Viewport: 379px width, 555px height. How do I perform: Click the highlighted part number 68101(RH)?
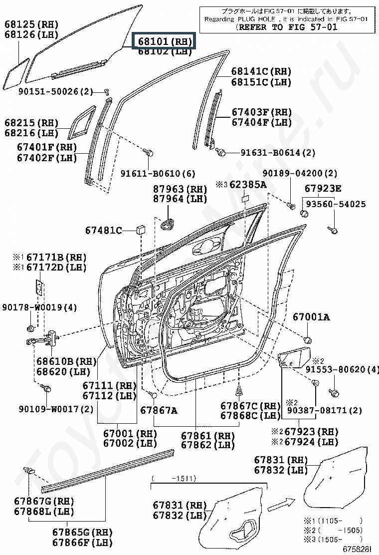click(163, 41)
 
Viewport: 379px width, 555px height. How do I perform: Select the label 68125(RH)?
click(31, 24)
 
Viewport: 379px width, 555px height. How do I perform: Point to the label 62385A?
click(247, 185)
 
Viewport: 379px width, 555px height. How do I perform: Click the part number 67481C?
click(103, 230)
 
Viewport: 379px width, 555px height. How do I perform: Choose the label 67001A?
click(311, 317)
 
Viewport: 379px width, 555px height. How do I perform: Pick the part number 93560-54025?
click(335, 204)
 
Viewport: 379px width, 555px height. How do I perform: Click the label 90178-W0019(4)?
click(39, 307)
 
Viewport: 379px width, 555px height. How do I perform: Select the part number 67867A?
click(159, 410)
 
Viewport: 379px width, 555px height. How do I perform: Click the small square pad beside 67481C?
click(140, 230)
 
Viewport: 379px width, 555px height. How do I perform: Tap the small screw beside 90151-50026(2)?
click(106, 91)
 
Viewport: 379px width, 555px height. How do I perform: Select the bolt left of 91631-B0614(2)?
click(222, 152)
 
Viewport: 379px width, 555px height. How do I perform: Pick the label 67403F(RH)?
click(261, 112)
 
